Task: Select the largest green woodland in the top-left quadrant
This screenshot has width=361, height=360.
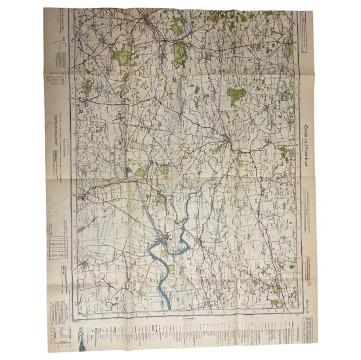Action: (x=119, y=56)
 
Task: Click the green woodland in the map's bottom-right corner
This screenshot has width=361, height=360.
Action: (x=276, y=302)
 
